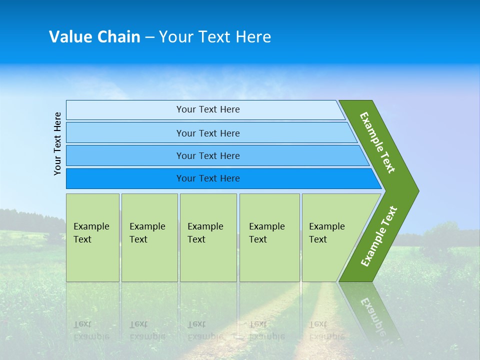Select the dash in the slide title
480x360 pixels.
149,37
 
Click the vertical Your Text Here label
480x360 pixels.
57,143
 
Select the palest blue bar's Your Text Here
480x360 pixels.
208,109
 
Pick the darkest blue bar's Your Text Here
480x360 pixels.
208,178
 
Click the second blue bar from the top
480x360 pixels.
208,133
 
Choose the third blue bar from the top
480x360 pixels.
208,156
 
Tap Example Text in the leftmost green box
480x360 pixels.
91,232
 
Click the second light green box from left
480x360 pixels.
149,237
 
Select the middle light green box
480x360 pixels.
208,237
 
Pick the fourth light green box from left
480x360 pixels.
269,237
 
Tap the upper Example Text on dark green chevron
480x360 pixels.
377,142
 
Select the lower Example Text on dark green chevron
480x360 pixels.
379,236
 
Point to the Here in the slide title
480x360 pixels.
253,36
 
